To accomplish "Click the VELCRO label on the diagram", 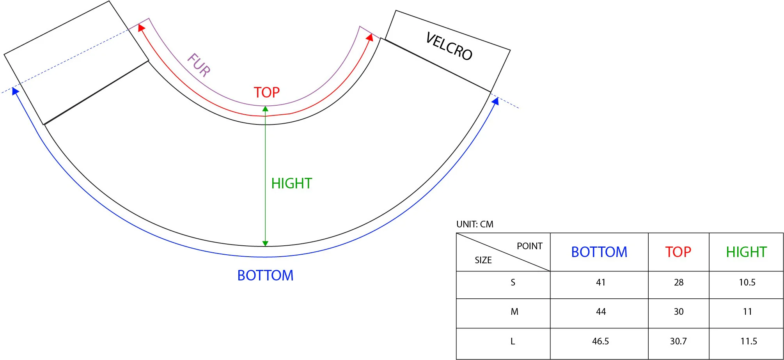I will [x=449, y=46].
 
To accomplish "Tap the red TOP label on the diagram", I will [x=267, y=92].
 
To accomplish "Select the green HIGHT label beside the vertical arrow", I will [x=291, y=183].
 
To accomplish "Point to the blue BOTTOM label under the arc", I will [x=265, y=275].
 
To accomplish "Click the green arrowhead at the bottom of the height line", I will [x=265, y=243].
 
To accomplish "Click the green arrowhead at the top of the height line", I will [x=265, y=109].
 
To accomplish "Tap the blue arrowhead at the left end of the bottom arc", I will [x=15, y=91].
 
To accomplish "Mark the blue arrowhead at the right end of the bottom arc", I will [x=495, y=101].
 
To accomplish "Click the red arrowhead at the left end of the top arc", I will [x=141, y=28].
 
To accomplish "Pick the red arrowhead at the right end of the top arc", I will [x=370, y=37].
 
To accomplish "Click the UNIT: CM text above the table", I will [x=475, y=224].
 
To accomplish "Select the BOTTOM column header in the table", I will [x=599, y=252].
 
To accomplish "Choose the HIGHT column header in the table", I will [x=746, y=252].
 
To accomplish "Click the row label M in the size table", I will [x=514, y=312].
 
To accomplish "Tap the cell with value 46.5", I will [x=600, y=341].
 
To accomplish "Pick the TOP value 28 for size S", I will [x=679, y=282].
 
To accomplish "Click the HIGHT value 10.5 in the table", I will [x=747, y=282].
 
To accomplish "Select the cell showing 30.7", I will [x=678, y=341].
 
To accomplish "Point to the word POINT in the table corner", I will [x=529, y=246].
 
